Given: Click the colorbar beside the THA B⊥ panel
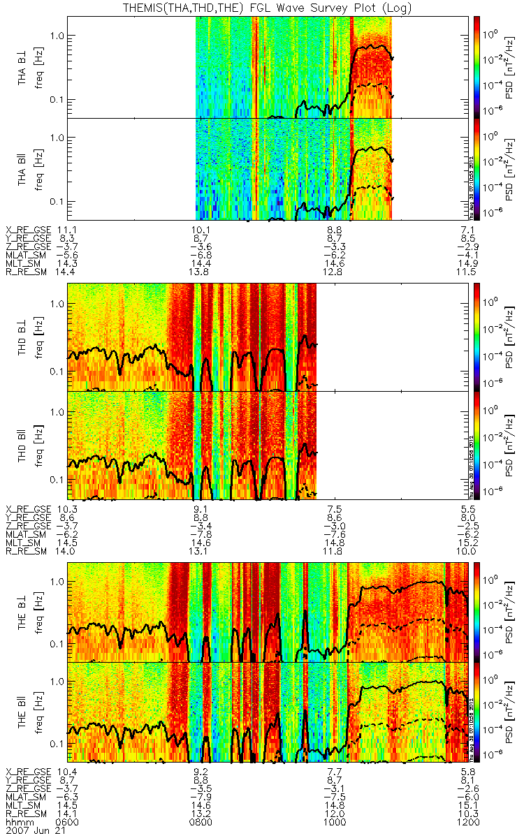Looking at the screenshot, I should [x=478, y=67].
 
